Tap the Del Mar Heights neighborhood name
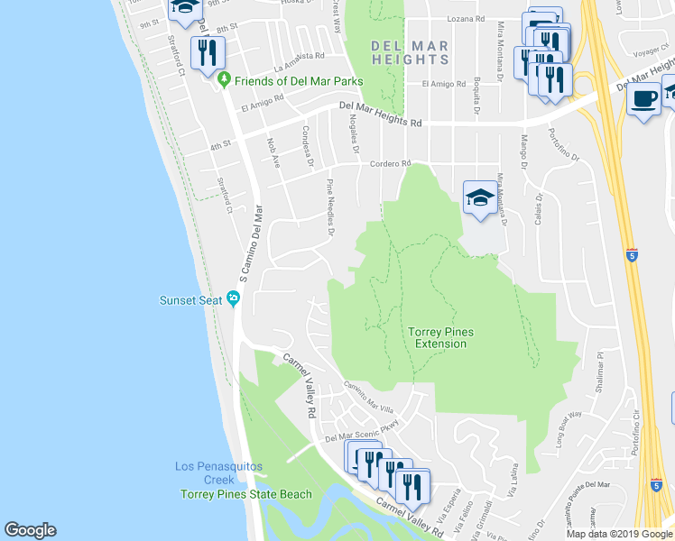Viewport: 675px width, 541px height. coord(410,52)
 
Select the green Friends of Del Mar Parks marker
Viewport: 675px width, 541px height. coord(224,81)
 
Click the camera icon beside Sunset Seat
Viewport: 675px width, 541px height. coord(233,298)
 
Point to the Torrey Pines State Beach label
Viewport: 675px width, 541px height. coord(245,494)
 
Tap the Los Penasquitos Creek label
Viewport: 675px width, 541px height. coord(207,472)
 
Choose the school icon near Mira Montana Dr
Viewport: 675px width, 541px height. coord(480,198)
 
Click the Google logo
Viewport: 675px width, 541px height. coord(30,530)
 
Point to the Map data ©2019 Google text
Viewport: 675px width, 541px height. coord(618,534)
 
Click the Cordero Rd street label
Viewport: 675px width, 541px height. coord(391,163)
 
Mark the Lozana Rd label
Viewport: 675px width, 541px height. coord(467,18)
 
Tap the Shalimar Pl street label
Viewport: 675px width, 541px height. coord(598,369)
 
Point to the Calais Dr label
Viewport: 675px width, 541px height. coord(539,213)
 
